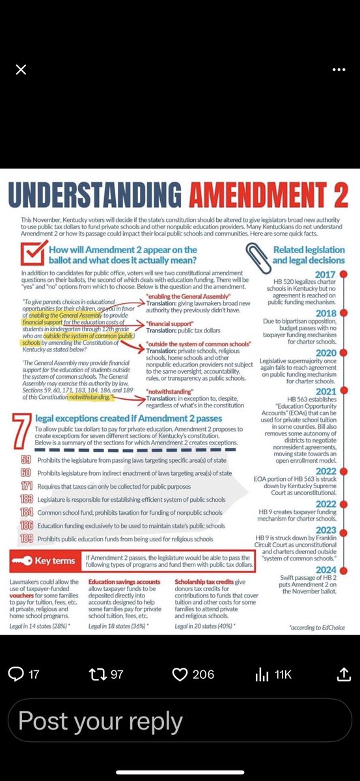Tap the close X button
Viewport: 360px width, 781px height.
[21, 70]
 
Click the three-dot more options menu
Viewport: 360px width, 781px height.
[339, 70]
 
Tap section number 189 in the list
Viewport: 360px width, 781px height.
[27, 538]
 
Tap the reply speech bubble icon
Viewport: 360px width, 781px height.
[16, 674]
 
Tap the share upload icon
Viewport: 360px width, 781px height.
[342, 674]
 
